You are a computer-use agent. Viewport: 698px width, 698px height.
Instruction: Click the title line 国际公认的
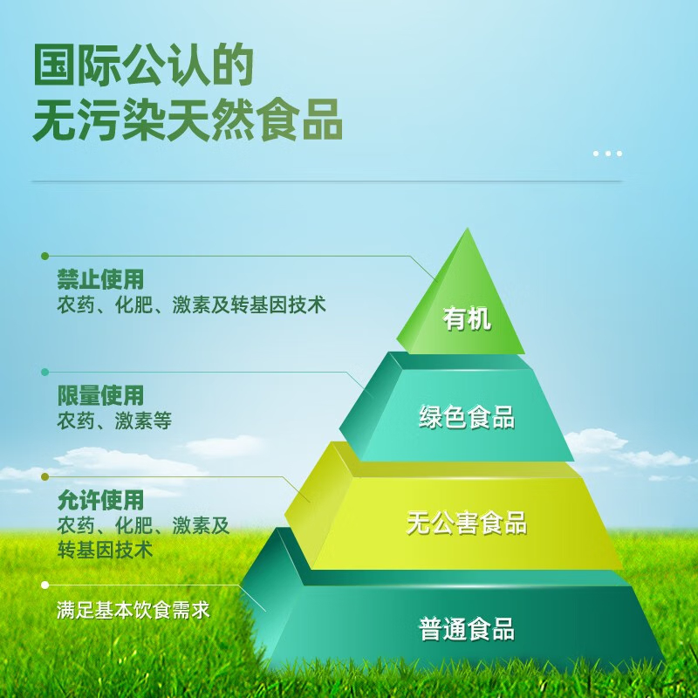pos(143,65)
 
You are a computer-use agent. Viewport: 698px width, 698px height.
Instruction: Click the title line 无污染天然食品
pos(188,120)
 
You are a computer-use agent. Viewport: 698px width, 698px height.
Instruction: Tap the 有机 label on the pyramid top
pos(467,318)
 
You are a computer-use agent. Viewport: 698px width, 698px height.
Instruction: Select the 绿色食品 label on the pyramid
pos(467,417)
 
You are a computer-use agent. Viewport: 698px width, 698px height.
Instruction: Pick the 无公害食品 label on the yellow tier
pos(467,523)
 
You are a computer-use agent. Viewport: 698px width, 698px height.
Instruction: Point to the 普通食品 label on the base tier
pos(467,628)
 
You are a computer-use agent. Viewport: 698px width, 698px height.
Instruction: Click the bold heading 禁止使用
pos(100,279)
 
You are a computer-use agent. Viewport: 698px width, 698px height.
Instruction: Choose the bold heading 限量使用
pos(100,395)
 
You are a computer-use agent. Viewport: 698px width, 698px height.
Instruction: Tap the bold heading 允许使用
pos(100,500)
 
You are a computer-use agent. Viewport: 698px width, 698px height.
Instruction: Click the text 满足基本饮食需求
pos(133,610)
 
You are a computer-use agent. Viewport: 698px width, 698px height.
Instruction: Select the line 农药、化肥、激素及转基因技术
pos(191,305)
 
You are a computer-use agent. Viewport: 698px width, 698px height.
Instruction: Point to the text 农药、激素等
pos(114,421)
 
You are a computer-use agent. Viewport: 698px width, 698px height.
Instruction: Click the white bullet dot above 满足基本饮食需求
pos(44,585)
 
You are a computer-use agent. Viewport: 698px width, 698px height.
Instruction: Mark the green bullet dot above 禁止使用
pos(44,256)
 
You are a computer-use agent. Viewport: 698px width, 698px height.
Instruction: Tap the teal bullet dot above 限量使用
pos(44,372)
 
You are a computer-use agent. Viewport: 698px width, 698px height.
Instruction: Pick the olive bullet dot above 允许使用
pos(44,476)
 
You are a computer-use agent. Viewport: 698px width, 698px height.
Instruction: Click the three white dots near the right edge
pos(607,154)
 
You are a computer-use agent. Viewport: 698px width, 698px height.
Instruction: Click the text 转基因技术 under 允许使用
pos(105,550)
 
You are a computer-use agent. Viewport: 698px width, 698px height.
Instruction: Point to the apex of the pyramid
pos(467,228)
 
